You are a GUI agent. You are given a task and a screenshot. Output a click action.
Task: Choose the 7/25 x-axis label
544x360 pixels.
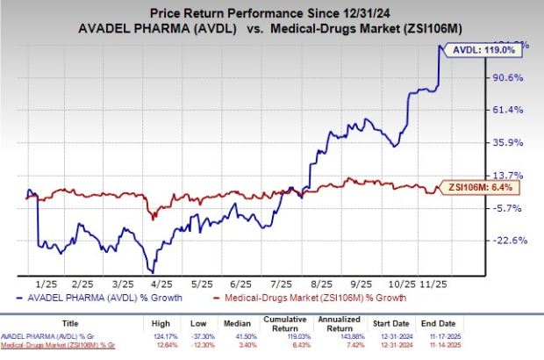point(283,284)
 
